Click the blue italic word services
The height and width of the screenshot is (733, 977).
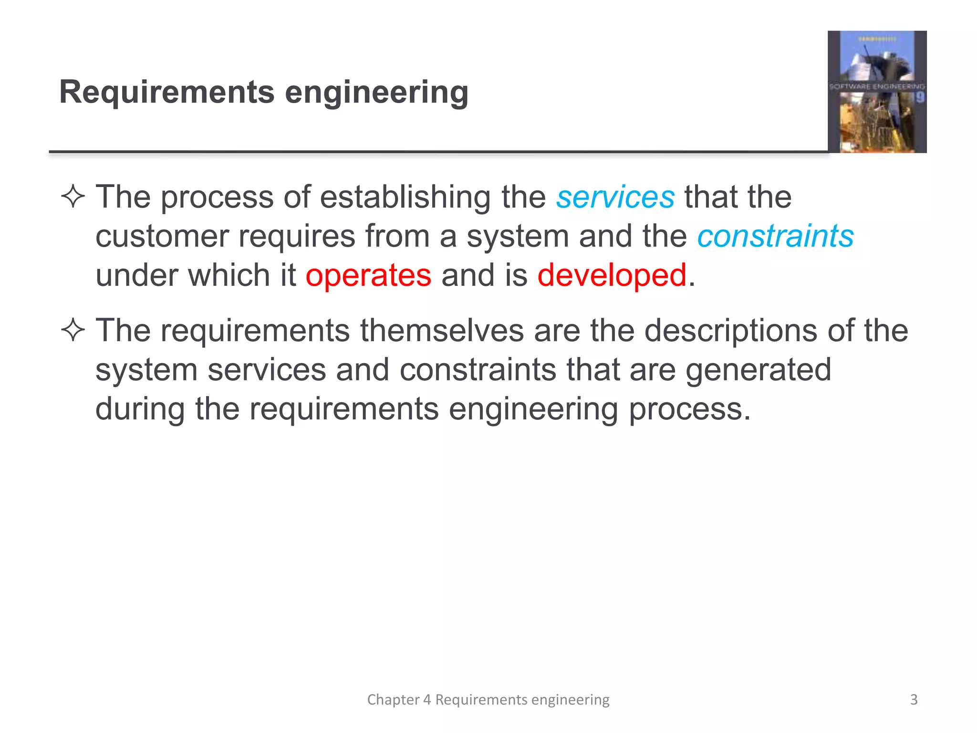pyautogui.click(x=615, y=198)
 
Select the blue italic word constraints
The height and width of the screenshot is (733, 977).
pyautogui.click(x=775, y=236)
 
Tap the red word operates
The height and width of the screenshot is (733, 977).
pyautogui.click(x=368, y=276)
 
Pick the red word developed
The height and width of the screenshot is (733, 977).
pyautogui.click(x=612, y=276)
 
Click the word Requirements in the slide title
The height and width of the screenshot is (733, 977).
pyautogui.click(x=167, y=92)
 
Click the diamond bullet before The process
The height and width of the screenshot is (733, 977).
pyautogui.click(x=73, y=197)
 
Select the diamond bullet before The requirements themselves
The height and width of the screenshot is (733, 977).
pyautogui.click(x=73, y=330)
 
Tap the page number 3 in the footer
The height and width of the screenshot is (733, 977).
pyautogui.click(x=914, y=700)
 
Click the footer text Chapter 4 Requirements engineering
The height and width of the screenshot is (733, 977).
pyautogui.click(x=488, y=700)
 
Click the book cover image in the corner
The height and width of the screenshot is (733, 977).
pyautogui.click(x=877, y=92)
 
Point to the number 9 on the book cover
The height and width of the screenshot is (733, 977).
pyautogui.click(x=920, y=98)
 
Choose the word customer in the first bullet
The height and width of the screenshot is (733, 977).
pyautogui.click(x=162, y=236)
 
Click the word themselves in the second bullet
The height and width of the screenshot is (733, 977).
pyautogui.click(x=442, y=330)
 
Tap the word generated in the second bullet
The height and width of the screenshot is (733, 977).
pyautogui.click(x=758, y=370)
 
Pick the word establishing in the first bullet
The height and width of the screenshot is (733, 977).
pyautogui.click(x=405, y=198)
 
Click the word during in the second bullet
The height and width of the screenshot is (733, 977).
pyautogui.click(x=140, y=409)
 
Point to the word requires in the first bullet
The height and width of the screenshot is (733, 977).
pyautogui.click(x=297, y=237)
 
